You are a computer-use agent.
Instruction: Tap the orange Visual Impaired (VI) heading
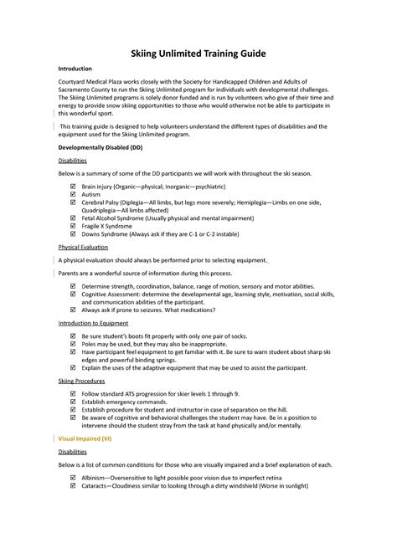(85, 438)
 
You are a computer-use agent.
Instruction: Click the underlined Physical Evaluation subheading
(84, 248)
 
